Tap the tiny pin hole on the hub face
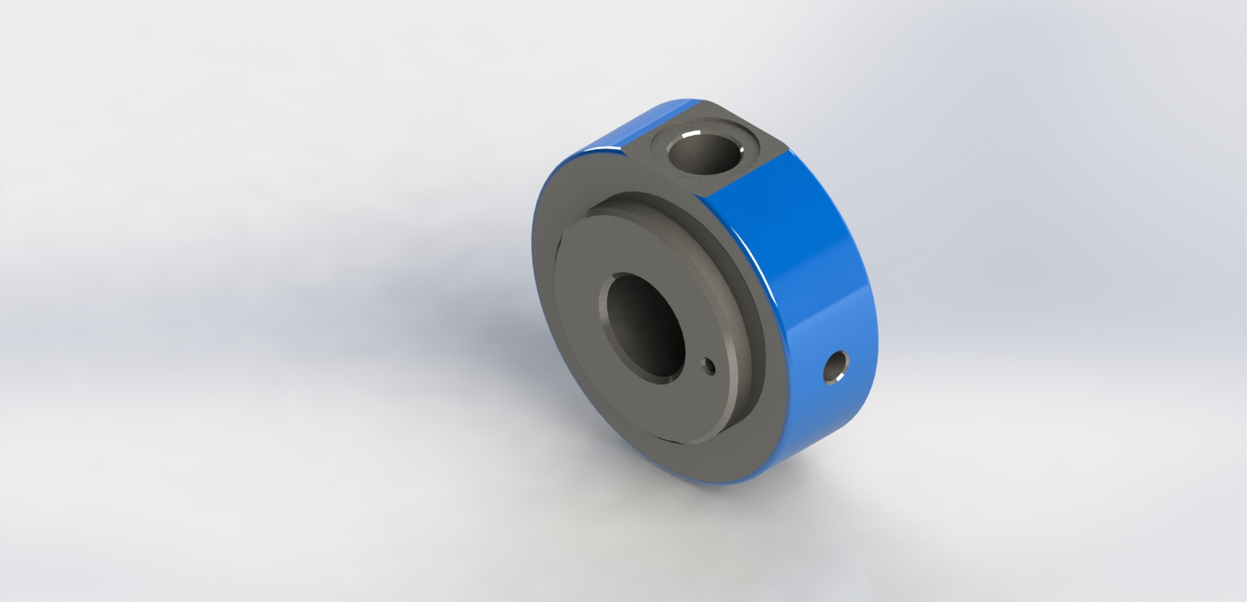(x=711, y=368)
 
